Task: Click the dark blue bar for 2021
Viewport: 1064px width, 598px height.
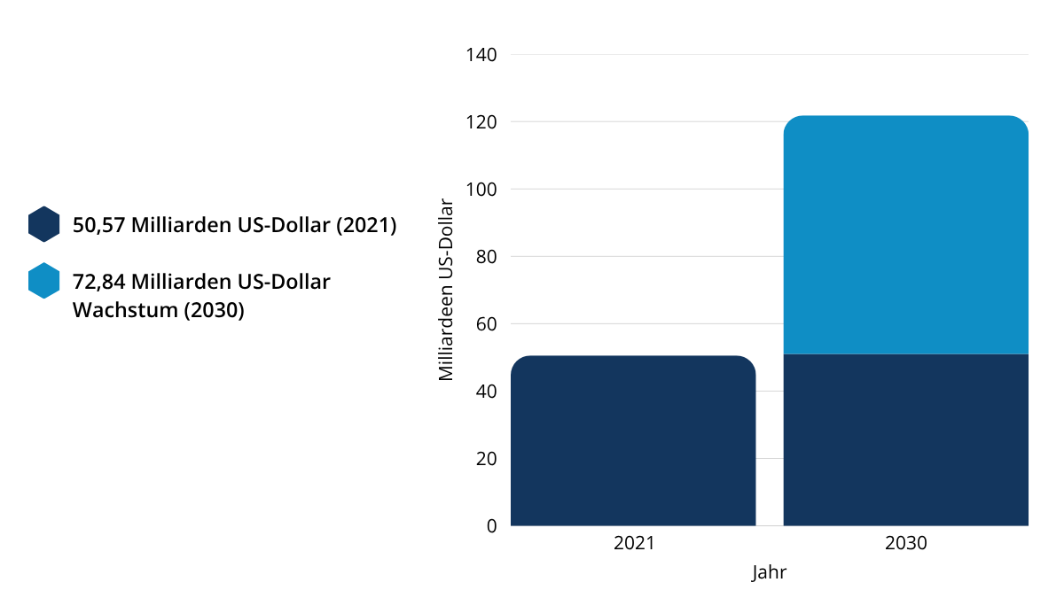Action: tap(633, 440)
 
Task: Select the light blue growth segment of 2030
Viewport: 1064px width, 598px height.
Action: tap(905, 235)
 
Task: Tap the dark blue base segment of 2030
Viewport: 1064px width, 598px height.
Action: tap(905, 439)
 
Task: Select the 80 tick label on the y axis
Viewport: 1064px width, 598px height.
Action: tap(485, 257)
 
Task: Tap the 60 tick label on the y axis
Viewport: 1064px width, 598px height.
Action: tap(485, 324)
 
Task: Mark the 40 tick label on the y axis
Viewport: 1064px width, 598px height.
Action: tap(485, 392)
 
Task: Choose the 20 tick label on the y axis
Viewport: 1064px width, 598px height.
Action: tap(485, 459)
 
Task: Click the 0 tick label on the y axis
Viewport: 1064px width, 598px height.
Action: tap(491, 526)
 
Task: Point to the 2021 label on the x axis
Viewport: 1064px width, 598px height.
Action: tap(633, 543)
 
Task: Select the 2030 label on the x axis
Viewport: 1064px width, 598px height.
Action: tap(905, 543)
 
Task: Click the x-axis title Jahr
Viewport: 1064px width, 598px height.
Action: tap(769, 572)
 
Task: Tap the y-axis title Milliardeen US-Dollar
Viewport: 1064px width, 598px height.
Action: tap(447, 290)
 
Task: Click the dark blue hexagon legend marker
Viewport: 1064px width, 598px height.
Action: tap(43, 225)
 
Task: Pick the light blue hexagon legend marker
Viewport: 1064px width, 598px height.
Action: tap(43, 281)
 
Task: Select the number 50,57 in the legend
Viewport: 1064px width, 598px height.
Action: tap(98, 226)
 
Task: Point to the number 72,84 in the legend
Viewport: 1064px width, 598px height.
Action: tap(98, 283)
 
